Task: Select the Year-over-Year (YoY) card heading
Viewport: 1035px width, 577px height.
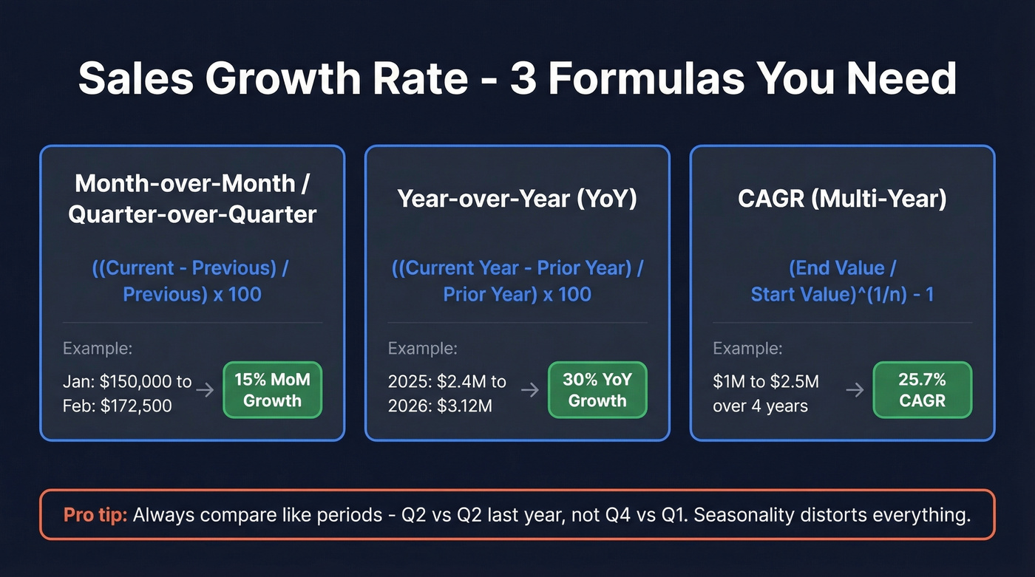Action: coord(517,199)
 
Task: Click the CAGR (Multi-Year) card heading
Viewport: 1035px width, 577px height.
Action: coord(842,199)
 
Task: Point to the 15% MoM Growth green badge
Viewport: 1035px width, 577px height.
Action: coord(272,390)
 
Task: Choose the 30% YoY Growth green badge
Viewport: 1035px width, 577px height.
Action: coord(597,390)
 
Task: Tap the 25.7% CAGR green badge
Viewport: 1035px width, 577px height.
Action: coord(923,390)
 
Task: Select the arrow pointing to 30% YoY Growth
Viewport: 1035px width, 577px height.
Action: coord(530,390)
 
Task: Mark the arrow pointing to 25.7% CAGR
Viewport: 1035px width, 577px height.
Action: coord(855,390)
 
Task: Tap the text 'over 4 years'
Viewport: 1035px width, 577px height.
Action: coord(760,406)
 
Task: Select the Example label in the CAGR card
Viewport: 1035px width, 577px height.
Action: coord(747,349)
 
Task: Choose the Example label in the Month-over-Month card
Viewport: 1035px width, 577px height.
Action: coord(98,349)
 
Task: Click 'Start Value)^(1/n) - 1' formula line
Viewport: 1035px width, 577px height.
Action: coord(842,294)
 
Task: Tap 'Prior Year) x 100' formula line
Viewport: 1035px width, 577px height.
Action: coord(517,294)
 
